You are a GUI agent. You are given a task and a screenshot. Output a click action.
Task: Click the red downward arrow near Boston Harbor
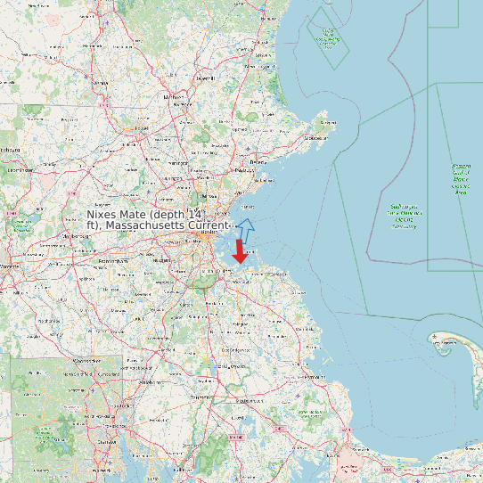[x=239, y=251]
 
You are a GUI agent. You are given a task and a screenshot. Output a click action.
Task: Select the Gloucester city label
[x=315, y=138]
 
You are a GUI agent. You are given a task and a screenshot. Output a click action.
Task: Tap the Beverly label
[x=258, y=162]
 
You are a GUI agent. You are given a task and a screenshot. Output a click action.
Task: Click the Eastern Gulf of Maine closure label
[x=461, y=178]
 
